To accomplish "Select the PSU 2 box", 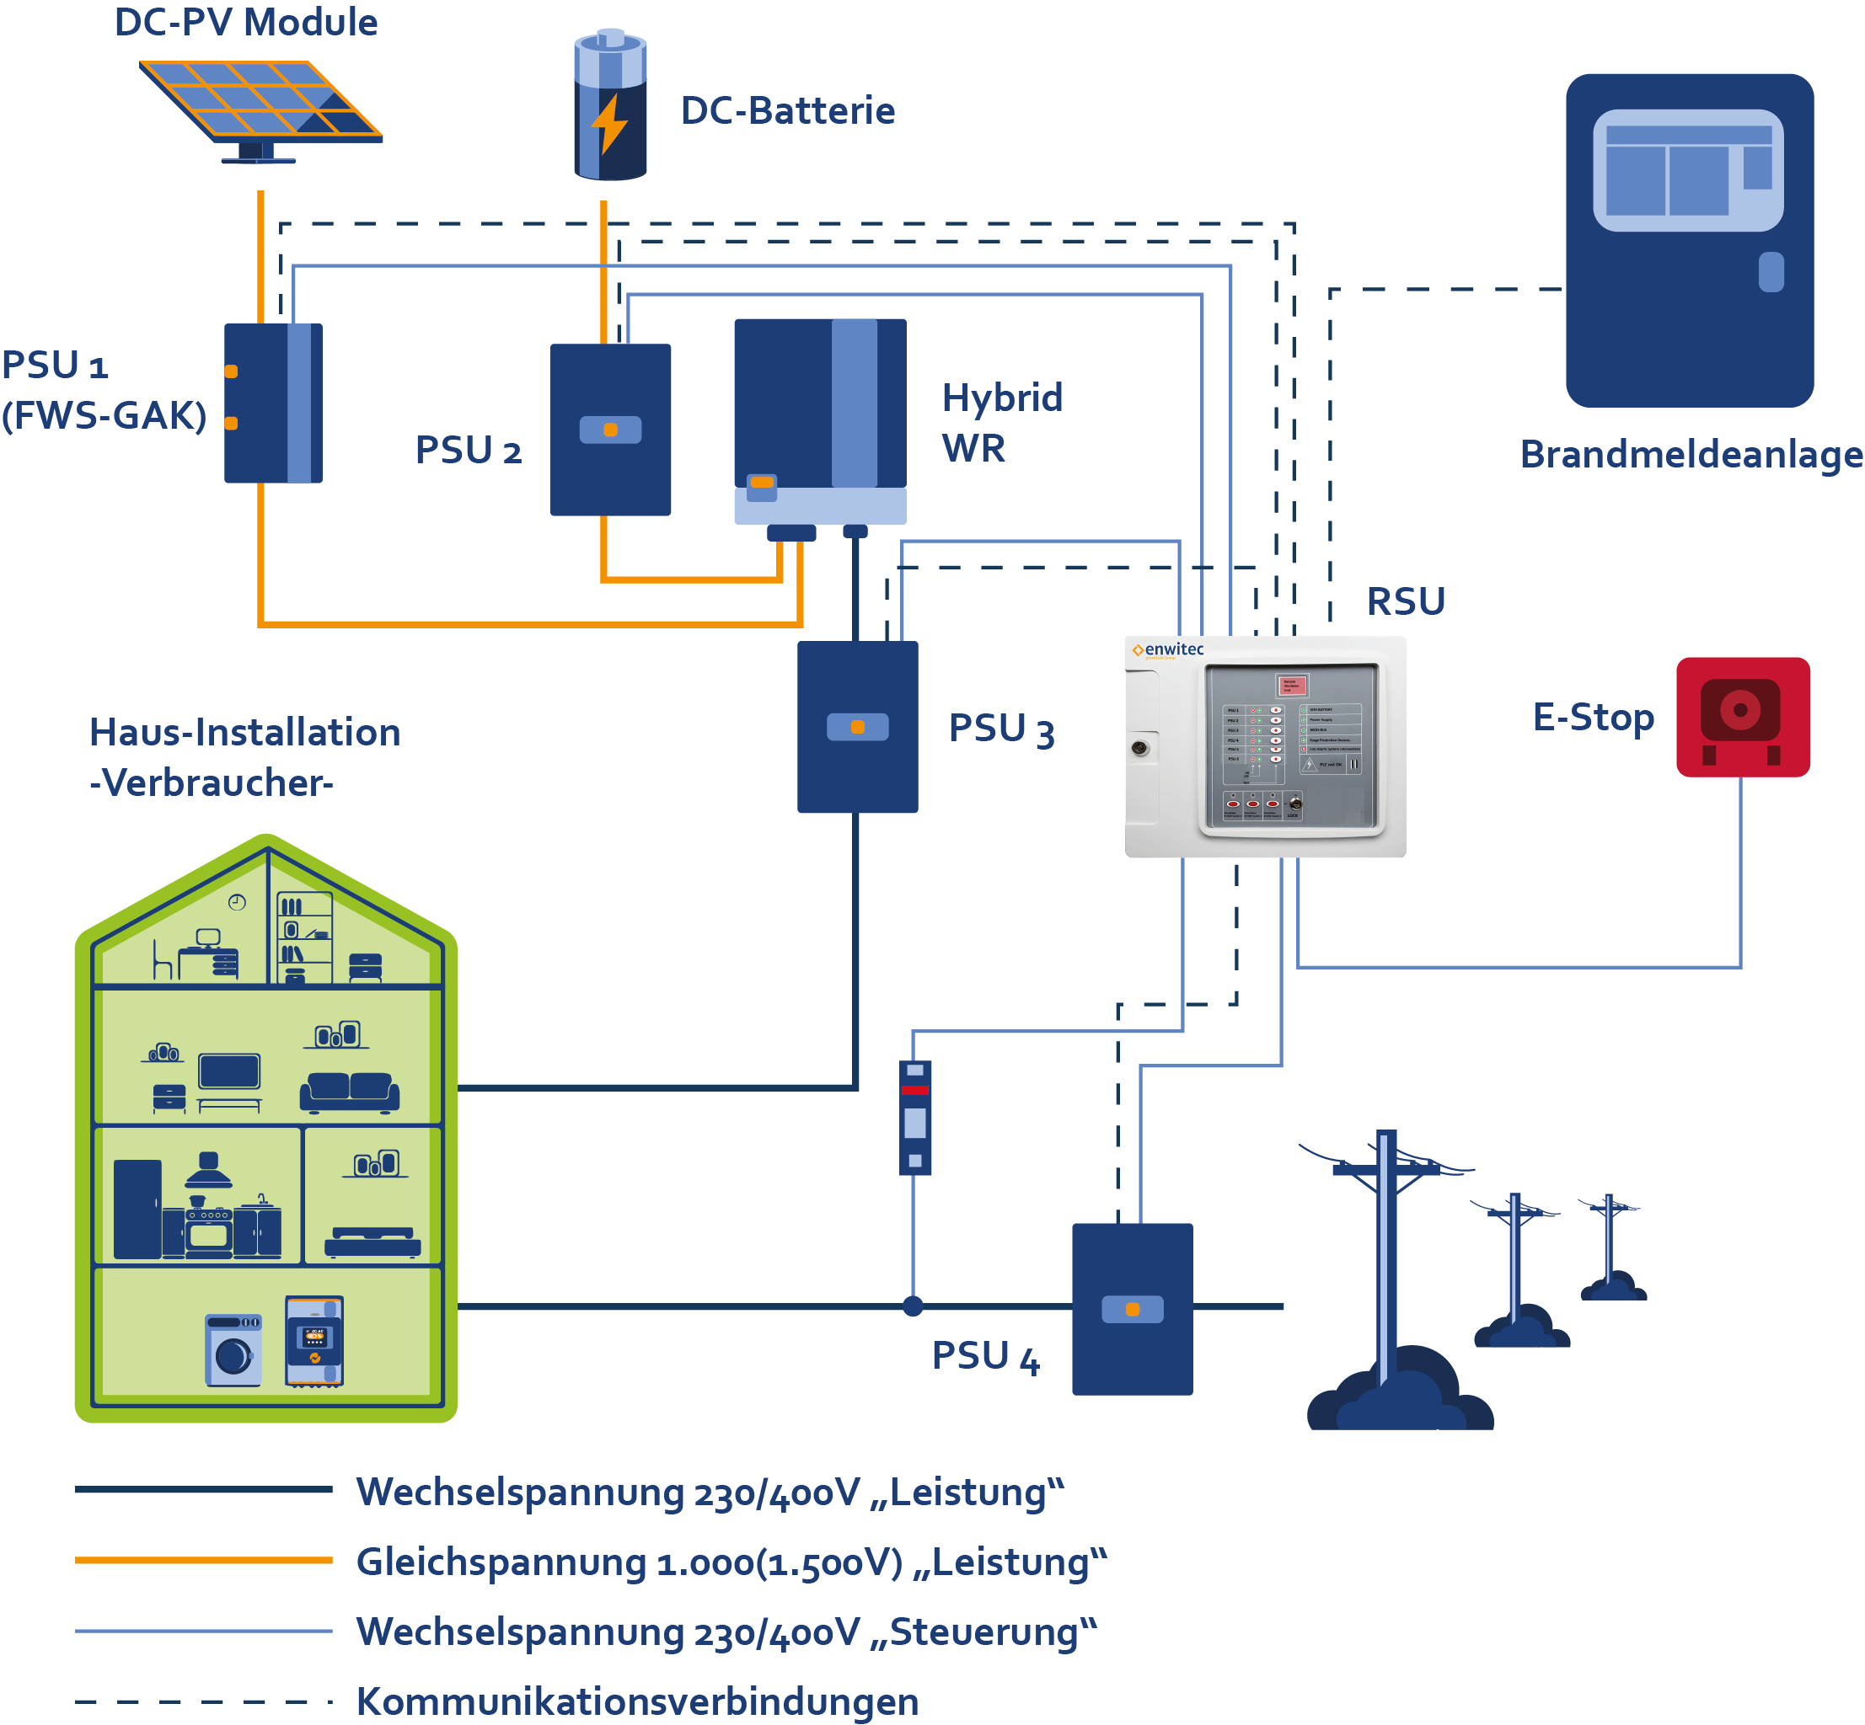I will point(610,430).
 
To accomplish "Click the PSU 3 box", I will point(856,726).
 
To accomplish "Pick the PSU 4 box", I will point(1132,1309).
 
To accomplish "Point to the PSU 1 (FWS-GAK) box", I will point(273,403).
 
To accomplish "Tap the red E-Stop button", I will point(1742,716).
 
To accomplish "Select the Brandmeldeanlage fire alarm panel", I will point(1689,240).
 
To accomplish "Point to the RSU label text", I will point(1405,601).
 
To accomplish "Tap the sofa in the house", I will point(349,1092).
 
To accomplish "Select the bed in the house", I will point(372,1242).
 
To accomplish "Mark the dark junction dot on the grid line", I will point(913,1307).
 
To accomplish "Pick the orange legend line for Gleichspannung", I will point(204,1560).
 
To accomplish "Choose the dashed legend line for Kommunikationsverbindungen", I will point(204,1701).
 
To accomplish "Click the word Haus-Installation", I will point(244,733).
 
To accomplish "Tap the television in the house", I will point(228,1072).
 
